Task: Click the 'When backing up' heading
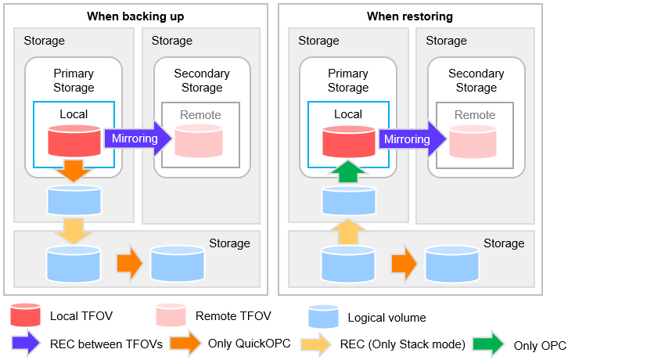[135, 16]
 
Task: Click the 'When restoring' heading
[410, 16]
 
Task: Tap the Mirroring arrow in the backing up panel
[138, 139]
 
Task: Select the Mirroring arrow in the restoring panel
[412, 139]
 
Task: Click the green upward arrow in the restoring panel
[348, 171]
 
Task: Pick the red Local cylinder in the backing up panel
[74, 141]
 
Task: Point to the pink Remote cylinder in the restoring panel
[473, 142]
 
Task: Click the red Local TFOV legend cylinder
[26, 315]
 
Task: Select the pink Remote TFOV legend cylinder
[171, 315]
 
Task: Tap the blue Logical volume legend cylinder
[323, 316]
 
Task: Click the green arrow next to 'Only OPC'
[488, 344]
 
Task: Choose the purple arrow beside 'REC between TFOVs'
[27, 342]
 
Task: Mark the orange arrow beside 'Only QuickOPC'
[185, 342]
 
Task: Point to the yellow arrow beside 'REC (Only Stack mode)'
[316, 344]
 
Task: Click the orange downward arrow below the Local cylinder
[74, 171]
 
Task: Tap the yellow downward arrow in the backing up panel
[74, 231]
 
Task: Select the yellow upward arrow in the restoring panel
[348, 232]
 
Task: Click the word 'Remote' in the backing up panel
[200, 115]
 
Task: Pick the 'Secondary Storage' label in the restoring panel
[476, 80]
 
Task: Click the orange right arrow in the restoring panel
[404, 264]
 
